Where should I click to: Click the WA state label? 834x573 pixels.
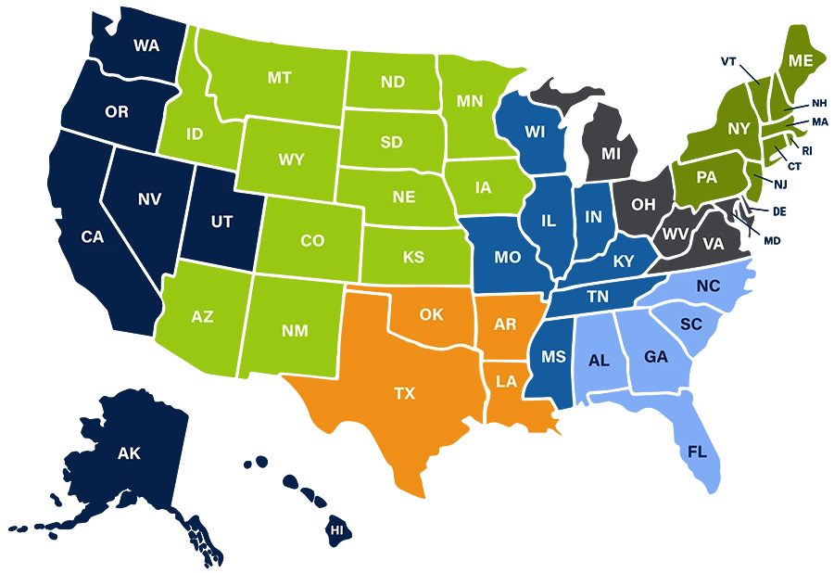(x=146, y=45)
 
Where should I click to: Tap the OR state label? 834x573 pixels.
(x=117, y=112)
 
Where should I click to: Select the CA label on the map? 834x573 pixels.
(x=93, y=237)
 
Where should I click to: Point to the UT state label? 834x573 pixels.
(x=221, y=222)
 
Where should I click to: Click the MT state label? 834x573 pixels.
(x=280, y=78)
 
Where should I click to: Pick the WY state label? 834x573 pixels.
(x=291, y=160)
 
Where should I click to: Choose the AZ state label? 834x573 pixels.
(x=202, y=317)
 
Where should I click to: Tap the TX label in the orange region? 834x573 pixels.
(x=405, y=394)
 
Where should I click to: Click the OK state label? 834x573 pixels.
(x=431, y=315)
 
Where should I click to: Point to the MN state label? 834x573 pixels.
(x=470, y=101)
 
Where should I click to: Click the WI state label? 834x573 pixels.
(x=535, y=132)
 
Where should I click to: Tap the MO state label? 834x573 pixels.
(x=507, y=258)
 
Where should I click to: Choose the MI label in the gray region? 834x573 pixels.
(x=611, y=154)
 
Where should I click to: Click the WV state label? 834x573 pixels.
(x=675, y=234)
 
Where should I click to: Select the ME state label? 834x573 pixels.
(x=801, y=61)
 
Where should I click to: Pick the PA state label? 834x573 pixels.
(x=706, y=177)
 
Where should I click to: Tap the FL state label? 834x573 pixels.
(x=697, y=452)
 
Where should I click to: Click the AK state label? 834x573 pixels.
(x=129, y=454)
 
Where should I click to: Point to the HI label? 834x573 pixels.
(x=336, y=530)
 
